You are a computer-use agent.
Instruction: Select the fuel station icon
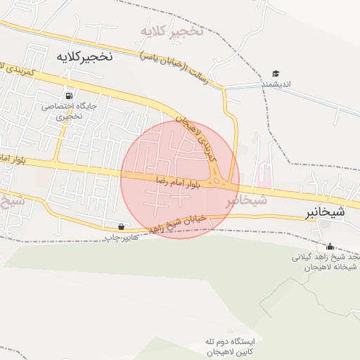[x=69, y=95]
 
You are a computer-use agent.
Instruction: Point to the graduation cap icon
[x=276, y=73]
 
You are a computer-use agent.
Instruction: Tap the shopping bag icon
[x=122, y=226]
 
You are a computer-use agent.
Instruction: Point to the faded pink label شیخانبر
[x=247, y=200]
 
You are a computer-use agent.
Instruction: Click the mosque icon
[x=330, y=246]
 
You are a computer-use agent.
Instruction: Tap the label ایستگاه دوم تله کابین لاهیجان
[x=230, y=346]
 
